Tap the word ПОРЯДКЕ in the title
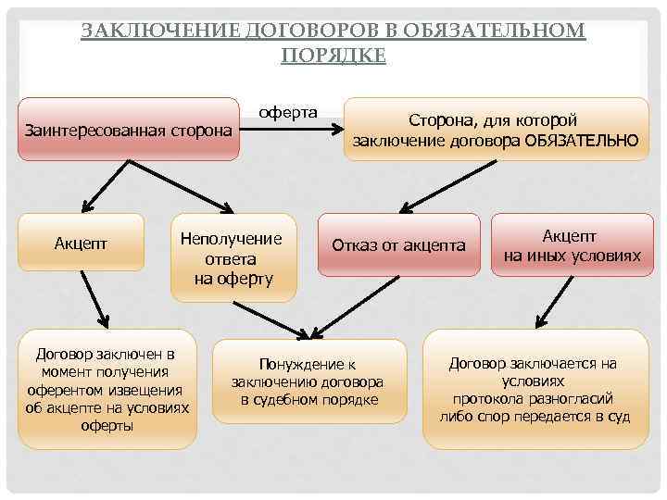333,55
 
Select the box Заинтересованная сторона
129,131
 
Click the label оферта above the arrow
287,112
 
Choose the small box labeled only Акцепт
81,243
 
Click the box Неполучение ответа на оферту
233,258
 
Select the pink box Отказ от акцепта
398,245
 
